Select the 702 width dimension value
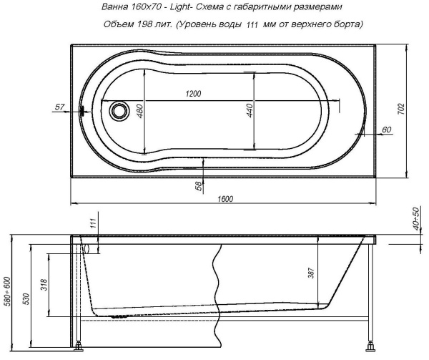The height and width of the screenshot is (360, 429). (x=401, y=109)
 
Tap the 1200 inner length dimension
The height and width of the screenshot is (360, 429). (x=192, y=94)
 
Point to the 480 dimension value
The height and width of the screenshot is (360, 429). (x=140, y=113)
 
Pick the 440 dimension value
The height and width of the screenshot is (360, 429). (x=249, y=113)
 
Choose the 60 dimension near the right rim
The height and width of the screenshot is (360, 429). (x=387, y=130)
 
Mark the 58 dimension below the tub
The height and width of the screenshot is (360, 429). (x=198, y=185)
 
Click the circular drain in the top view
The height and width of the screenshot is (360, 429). (x=118, y=110)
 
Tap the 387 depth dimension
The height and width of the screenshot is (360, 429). (x=311, y=273)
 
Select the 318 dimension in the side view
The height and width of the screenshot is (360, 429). (x=44, y=285)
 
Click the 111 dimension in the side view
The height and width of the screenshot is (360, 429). (x=92, y=225)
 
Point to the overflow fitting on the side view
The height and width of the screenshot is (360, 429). (x=85, y=248)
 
